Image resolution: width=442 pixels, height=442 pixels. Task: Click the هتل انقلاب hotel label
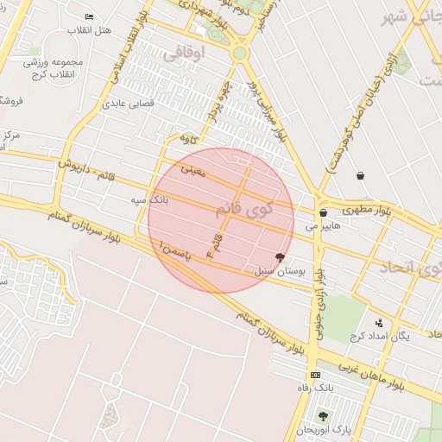click(x=94, y=30)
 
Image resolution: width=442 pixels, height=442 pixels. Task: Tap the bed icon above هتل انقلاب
click(x=90, y=17)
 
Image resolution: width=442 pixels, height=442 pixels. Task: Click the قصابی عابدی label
click(x=129, y=103)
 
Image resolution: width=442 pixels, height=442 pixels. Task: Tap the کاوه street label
click(x=188, y=137)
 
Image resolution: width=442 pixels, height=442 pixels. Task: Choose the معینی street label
click(x=193, y=171)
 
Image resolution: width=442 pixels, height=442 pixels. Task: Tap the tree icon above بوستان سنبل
click(x=279, y=256)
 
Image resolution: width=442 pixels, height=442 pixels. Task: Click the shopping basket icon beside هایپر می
click(x=323, y=212)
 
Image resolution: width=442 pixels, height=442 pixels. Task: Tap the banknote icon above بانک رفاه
click(x=315, y=375)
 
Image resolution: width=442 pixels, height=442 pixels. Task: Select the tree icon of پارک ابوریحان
click(x=323, y=416)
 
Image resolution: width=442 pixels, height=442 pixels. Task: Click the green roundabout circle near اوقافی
click(x=239, y=54)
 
